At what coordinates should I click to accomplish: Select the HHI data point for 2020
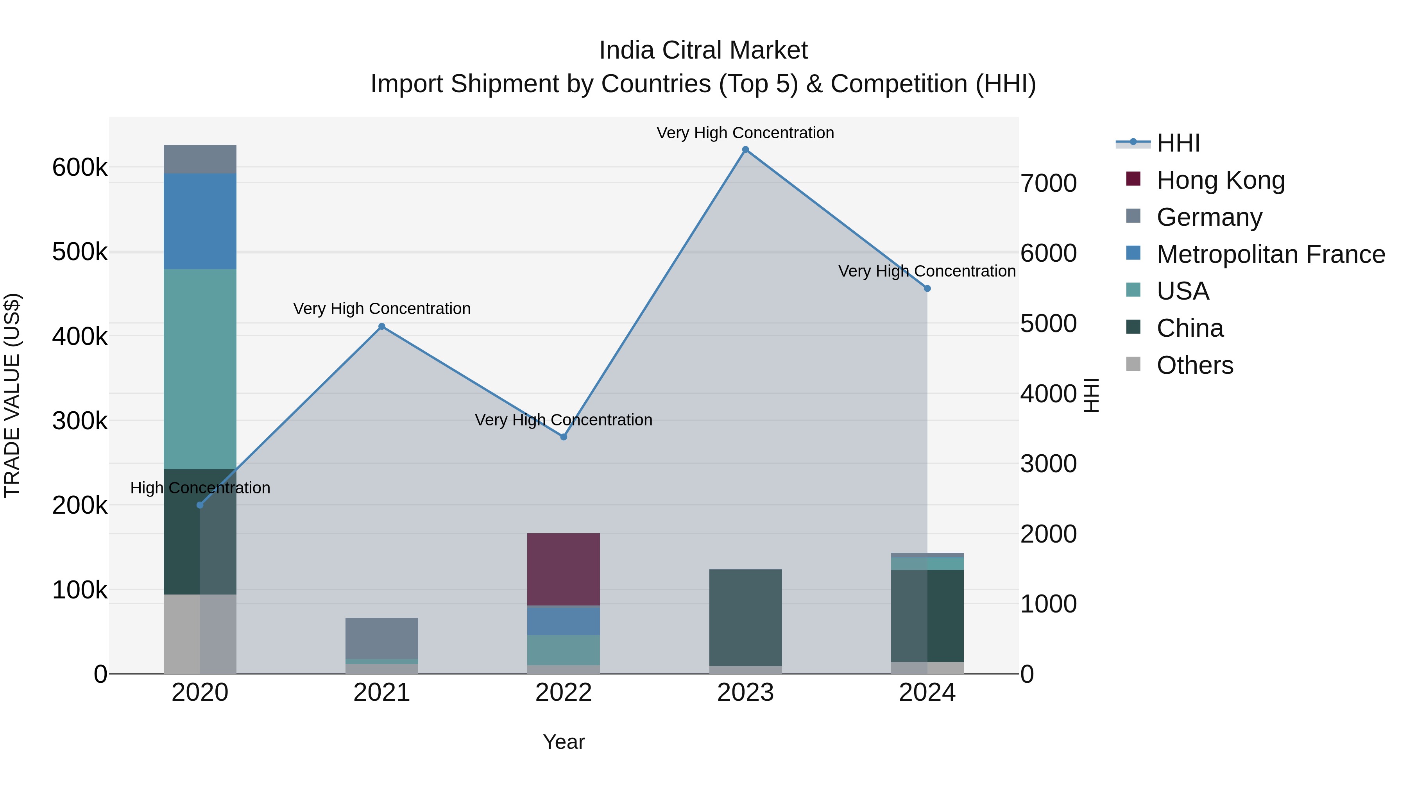(x=200, y=505)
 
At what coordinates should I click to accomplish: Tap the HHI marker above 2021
(x=382, y=327)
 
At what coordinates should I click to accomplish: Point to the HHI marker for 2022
(x=564, y=437)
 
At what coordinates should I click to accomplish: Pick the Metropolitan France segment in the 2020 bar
(x=200, y=221)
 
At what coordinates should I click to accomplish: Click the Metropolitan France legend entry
(x=1270, y=254)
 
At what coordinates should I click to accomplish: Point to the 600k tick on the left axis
(x=80, y=167)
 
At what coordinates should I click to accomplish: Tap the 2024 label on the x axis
(x=927, y=692)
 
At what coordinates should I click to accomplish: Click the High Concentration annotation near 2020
(x=200, y=487)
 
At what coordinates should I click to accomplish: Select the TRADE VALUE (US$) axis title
(x=12, y=395)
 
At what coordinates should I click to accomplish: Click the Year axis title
(x=564, y=742)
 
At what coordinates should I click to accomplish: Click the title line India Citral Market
(x=703, y=50)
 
